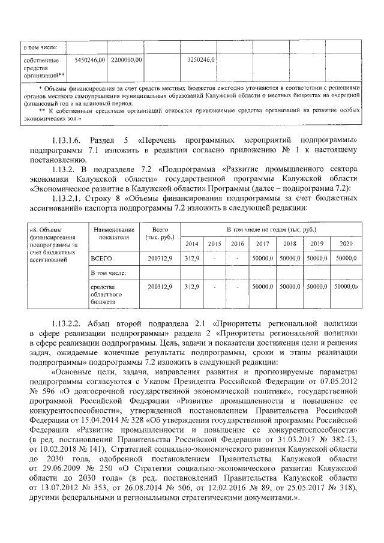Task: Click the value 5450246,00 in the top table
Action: coord(89,61)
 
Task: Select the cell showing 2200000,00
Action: coord(126,61)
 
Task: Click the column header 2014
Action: coord(192,244)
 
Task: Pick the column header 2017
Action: coord(262,244)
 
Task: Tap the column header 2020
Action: coord(346,244)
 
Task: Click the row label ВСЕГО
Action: coord(100,257)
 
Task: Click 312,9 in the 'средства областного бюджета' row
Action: coord(192,287)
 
